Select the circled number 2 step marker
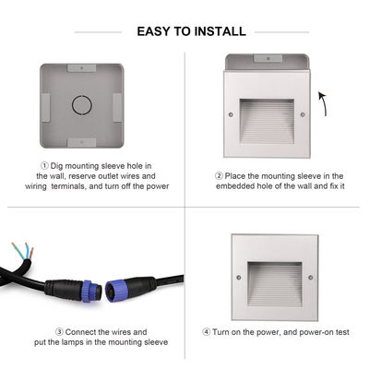(x=220, y=174)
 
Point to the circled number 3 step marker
(x=59, y=330)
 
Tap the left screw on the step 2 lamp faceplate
(x=231, y=115)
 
